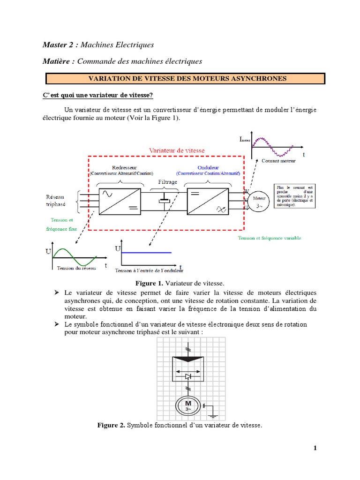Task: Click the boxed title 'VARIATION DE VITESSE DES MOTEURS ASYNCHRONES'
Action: click(x=185, y=79)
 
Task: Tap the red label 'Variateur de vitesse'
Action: click(x=177, y=150)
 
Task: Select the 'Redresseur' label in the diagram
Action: click(x=124, y=167)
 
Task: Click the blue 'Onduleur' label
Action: click(x=208, y=167)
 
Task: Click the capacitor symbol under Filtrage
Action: click(x=164, y=200)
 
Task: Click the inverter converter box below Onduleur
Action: click(x=208, y=200)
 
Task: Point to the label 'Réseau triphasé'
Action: click(x=56, y=201)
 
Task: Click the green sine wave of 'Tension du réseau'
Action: click(x=75, y=256)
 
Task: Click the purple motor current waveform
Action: click(x=273, y=144)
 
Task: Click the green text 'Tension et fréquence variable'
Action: click(x=270, y=238)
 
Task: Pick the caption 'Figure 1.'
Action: click(x=149, y=284)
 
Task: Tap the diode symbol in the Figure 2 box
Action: click(x=188, y=376)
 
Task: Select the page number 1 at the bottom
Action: click(x=315, y=448)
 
